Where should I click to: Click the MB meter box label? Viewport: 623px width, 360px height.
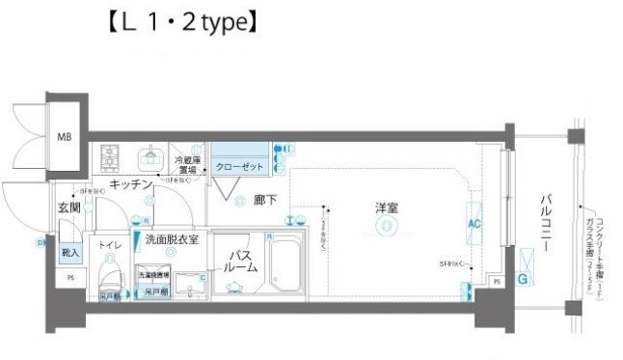(x=64, y=137)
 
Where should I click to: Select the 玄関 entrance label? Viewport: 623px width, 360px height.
(x=68, y=208)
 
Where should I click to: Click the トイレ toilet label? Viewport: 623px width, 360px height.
(x=111, y=246)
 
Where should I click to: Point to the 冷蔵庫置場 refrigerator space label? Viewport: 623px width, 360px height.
(x=188, y=164)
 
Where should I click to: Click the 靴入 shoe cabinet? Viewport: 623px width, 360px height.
(x=69, y=251)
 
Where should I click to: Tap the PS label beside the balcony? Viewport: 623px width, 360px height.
(x=496, y=282)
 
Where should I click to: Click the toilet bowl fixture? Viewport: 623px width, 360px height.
(x=108, y=280)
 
